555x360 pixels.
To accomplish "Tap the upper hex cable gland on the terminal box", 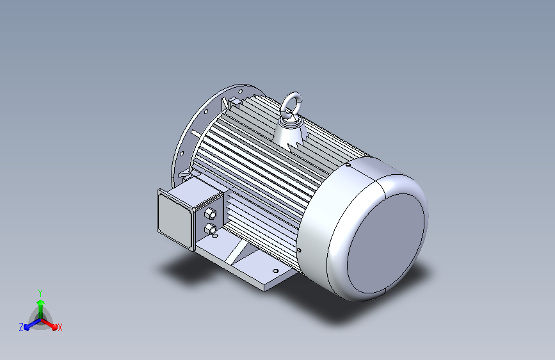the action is coord(210,214).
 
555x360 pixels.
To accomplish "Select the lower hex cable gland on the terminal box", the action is coord(210,229).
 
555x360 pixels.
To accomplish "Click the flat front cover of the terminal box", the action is coord(174,219).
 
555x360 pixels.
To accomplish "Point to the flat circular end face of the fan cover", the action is coord(386,243).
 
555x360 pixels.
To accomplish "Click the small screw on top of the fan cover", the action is coord(348,165).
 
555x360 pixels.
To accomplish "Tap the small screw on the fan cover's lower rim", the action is coord(299,250).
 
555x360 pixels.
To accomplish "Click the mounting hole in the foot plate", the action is coord(276,271).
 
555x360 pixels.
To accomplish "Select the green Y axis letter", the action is coord(40,293).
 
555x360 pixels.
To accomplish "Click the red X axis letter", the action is coord(60,327).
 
